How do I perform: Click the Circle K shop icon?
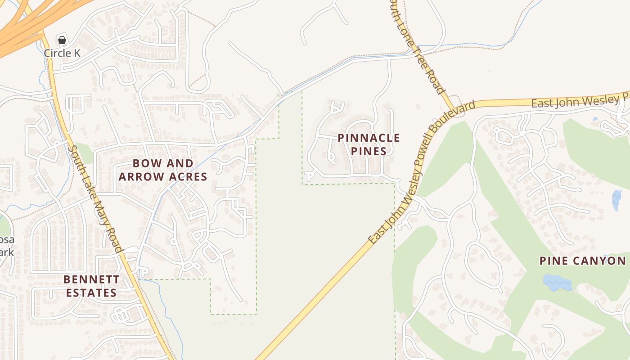(62, 40)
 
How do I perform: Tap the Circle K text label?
(62, 53)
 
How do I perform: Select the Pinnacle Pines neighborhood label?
(369, 144)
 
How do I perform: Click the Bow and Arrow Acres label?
(163, 170)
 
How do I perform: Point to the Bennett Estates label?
(91, 286)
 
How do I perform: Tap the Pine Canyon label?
(582, 261)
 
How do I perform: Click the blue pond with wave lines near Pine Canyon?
(557, 283)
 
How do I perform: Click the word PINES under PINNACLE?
(369, 151)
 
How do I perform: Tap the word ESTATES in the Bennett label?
(91, 293)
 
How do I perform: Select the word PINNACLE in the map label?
(369, 138)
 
